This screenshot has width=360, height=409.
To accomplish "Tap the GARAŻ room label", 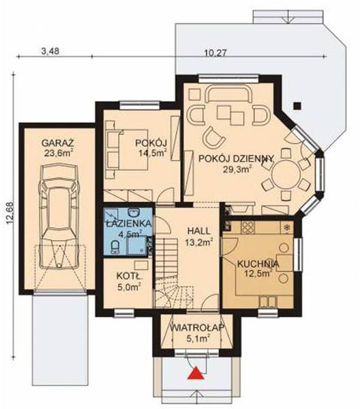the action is tap(58, 143).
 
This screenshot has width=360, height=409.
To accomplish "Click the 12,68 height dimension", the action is tap(10, 213).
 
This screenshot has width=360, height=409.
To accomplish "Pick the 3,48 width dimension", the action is tap(50, 51).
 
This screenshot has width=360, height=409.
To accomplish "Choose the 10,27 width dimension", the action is tap(215, 53).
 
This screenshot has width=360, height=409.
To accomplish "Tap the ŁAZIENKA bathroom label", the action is tap(128, 224).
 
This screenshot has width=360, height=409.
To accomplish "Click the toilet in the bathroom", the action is tap(115, 247).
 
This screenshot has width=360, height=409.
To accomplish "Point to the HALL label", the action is tap(199, 231).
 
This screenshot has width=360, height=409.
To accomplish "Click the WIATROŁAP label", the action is tap(198, 328).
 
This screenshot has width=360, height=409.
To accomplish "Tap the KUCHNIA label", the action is tap(258, 264).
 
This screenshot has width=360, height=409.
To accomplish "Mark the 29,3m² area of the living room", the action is tap(237, 169).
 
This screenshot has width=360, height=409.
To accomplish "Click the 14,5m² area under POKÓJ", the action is tap(153, 153).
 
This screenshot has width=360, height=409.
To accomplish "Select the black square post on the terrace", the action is tap(297, 106).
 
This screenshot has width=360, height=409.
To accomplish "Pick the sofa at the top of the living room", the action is tap(230, 95).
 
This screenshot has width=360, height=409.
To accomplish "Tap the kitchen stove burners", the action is tap(247, 228).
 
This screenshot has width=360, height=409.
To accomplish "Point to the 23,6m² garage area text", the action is tap(58, 153).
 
